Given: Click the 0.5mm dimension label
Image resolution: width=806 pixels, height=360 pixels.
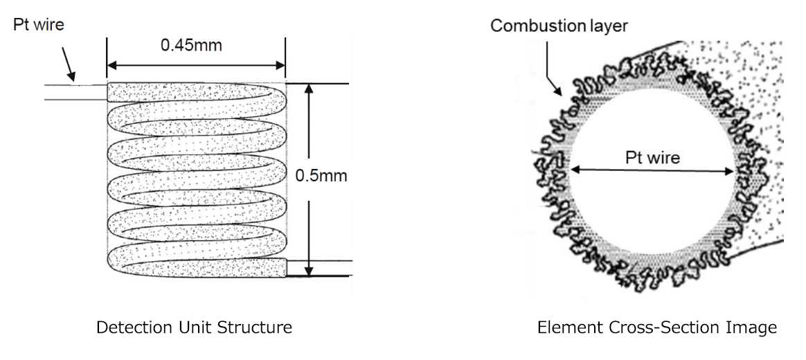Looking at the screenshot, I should (x=321, y=176).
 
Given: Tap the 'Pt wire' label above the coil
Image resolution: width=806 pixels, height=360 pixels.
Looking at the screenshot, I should (x=39, y=25).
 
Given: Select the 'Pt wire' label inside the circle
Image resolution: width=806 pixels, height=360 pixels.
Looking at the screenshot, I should (x=652, y=157).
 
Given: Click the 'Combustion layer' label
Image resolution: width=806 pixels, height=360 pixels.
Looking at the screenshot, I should (x=559, y=26).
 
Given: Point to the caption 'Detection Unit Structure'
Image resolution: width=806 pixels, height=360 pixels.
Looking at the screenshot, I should (x=194, y=327).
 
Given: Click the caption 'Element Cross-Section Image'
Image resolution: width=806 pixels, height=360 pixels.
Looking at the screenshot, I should (x=657, y=327).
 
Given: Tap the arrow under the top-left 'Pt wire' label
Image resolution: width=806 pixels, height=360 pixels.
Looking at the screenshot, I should (x=68, y=64).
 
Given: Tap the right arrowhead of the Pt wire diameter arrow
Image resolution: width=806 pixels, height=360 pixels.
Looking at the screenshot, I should (x=729, y=170).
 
